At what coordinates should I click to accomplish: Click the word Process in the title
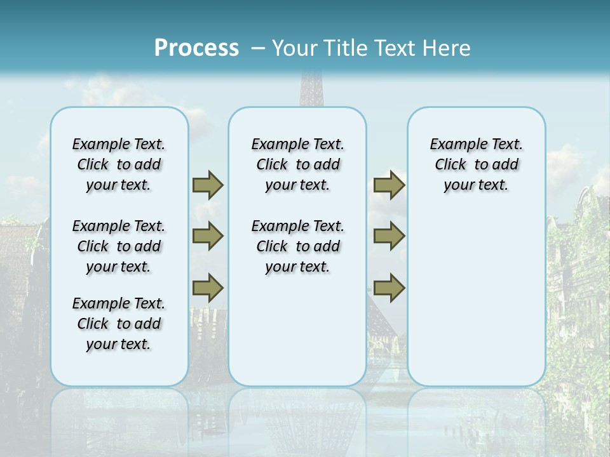click(x=196, y=48)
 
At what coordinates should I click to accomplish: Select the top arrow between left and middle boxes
click(x=208, y=185)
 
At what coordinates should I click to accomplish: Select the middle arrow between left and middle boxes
click(x=208, y=236)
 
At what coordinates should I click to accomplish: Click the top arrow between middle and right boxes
click(x=389, y=185)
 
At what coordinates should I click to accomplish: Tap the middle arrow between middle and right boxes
click(x=389, y=236)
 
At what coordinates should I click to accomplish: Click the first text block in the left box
click(x=119, y=164)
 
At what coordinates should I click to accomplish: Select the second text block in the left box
click(x=119, y=246)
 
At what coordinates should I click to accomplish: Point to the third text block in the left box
click(x=119, y=324)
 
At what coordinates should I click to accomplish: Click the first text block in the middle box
click(x=297, y=164)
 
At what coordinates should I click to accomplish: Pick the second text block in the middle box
click(x=297, y=246)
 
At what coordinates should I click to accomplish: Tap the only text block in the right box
click(x=476, y=164)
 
